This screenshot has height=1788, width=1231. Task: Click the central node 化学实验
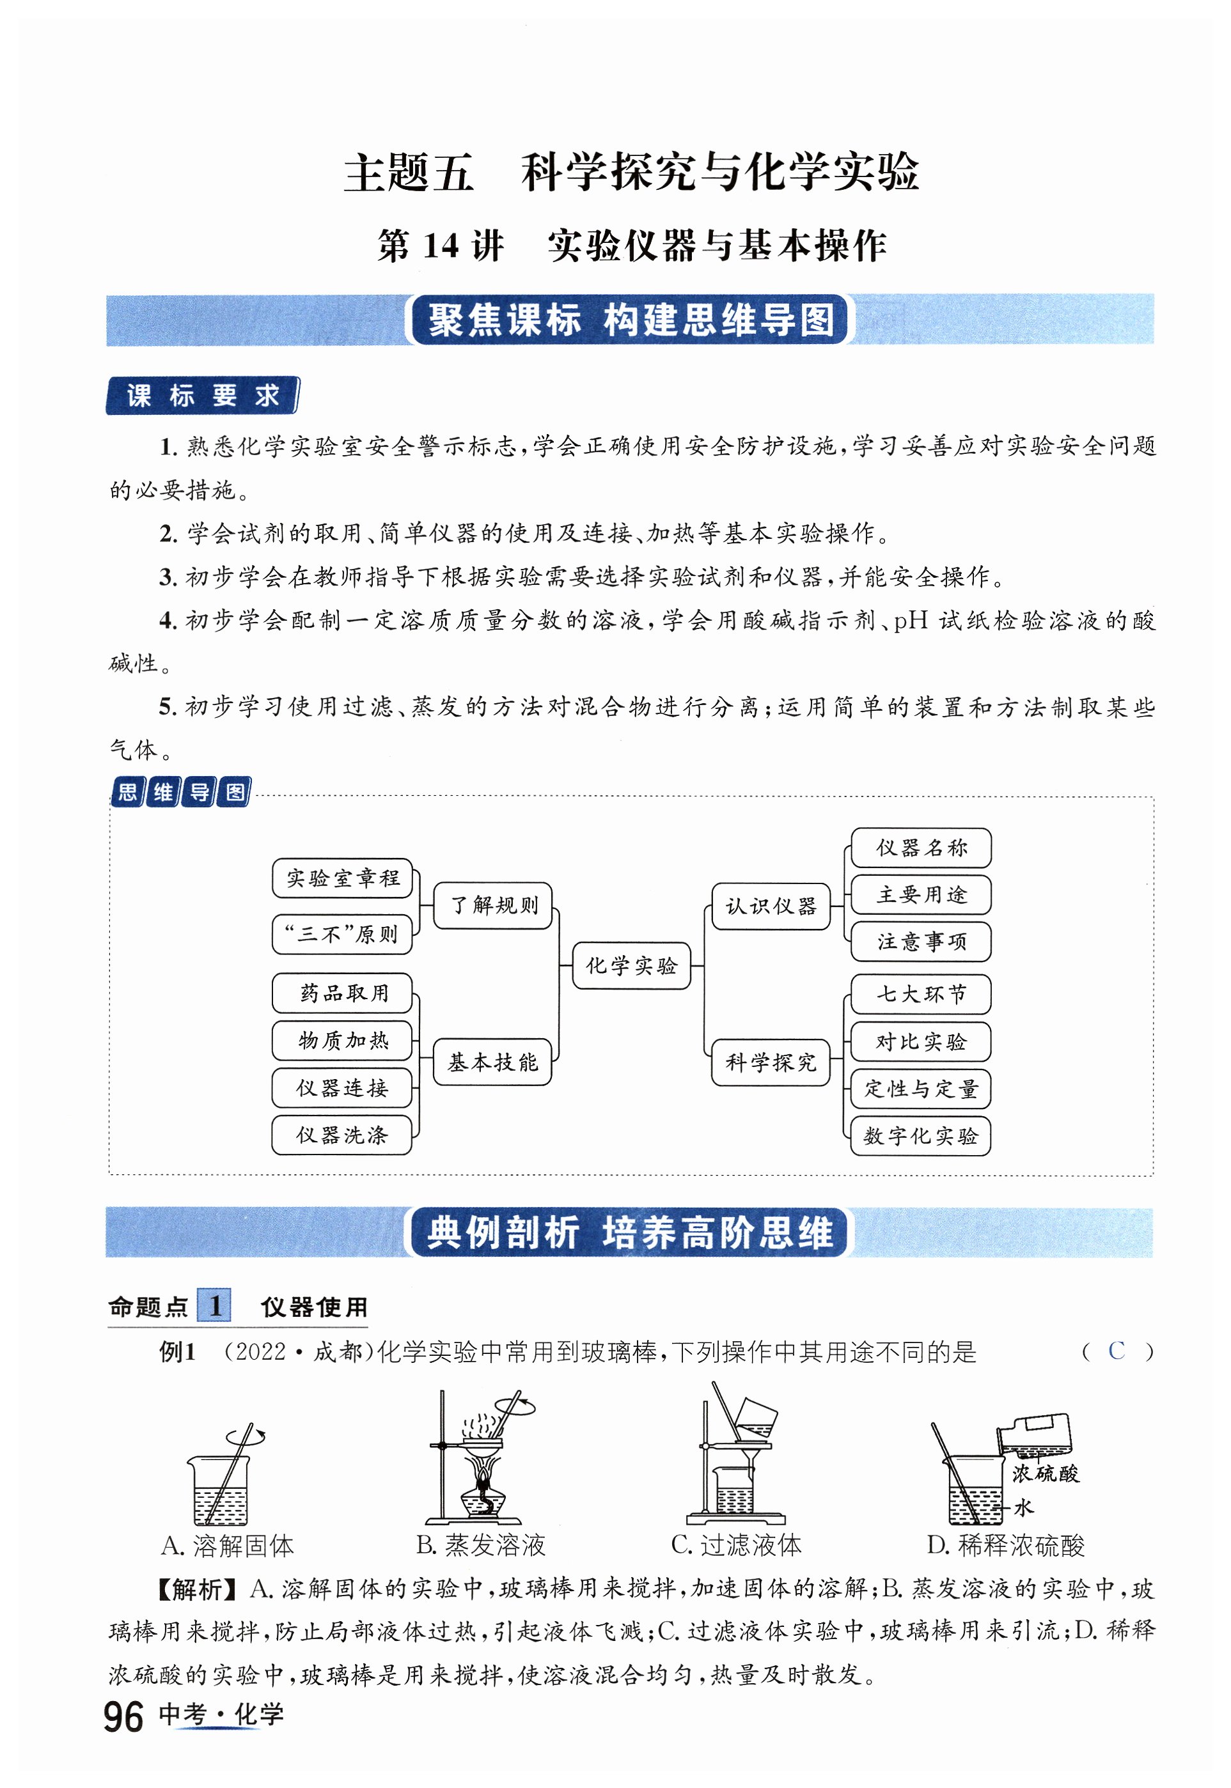tap(631, 965)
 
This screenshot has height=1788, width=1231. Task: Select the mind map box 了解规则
tap(493, 905)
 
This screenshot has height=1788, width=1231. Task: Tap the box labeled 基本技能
tap(493, 1062)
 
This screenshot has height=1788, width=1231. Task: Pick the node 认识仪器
tap(771, 906)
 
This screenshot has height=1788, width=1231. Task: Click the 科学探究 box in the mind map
tap(771, 1062)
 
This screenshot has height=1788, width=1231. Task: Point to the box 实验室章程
tap(343, 878)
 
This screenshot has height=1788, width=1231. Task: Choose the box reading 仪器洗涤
tap(341, 1134)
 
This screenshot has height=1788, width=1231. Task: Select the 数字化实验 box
tap(920, 1136)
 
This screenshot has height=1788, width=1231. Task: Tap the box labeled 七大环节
tap(920, 994)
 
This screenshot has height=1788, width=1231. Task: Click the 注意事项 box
tap(920, 942)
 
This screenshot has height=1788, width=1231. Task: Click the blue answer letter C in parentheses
tap(1115, 1351)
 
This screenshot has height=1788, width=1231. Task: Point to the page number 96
tap(123, 1718)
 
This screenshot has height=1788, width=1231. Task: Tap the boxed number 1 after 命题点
tap(214, 1305)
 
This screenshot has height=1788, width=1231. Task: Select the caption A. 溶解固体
tap(228, 1545)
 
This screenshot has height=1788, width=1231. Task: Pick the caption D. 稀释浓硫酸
tap(1005, 1545)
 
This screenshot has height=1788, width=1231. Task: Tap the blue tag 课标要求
tap(202, 396)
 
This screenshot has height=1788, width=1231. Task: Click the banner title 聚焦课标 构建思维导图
tap(630, 319)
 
